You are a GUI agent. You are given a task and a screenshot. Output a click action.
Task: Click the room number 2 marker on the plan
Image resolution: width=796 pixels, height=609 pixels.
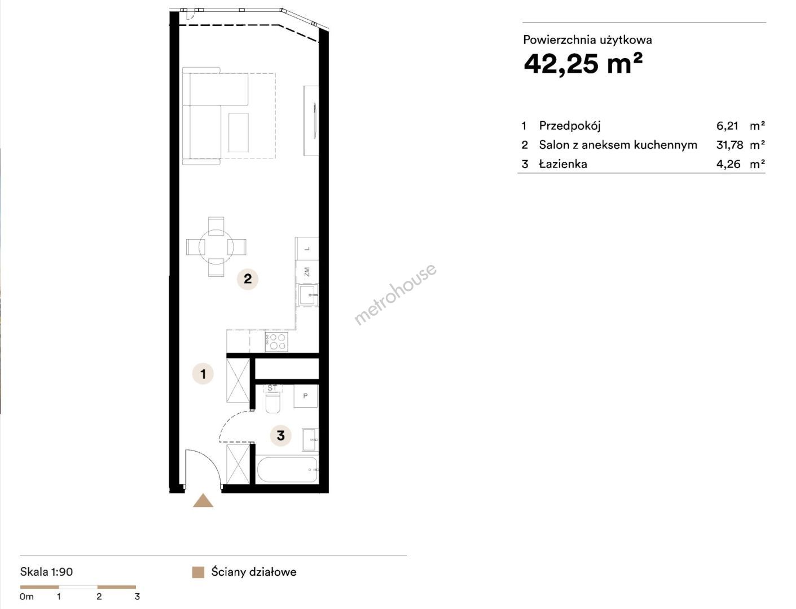coord(248,279)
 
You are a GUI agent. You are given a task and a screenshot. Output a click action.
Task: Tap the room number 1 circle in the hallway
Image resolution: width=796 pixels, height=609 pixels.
coord(203,374)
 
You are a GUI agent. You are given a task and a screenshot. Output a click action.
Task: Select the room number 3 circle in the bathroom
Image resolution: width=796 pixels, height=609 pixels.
coord(281,435)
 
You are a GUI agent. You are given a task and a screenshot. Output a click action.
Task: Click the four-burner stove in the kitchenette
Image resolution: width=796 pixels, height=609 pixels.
coord(276,341)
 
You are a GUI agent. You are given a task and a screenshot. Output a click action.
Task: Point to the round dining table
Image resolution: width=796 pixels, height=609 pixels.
coord(216,247)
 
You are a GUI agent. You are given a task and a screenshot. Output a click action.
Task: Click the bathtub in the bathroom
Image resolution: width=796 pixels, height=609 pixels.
coord(287,469)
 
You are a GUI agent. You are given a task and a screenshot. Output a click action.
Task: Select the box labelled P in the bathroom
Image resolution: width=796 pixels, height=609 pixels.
coord(306,396)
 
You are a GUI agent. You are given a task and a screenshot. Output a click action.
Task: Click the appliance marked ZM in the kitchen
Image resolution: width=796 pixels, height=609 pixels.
coord(307,272)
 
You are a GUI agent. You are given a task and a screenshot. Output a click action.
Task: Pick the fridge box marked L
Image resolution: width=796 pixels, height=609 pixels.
coord(307,249)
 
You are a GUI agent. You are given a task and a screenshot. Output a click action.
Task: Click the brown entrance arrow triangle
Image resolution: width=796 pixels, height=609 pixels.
coord(203,500)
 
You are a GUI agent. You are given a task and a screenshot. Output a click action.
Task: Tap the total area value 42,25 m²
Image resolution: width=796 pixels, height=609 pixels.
coord(583,64)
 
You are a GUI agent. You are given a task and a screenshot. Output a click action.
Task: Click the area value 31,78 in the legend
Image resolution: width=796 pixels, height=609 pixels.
coord(729,145)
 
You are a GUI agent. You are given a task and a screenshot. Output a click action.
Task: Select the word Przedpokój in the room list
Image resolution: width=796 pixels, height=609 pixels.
coord(570,126)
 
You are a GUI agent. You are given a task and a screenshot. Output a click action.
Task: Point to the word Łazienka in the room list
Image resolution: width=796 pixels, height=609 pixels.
coord(563,164)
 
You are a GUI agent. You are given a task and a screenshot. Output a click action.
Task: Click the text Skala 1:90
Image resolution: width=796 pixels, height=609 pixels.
coord(46,572)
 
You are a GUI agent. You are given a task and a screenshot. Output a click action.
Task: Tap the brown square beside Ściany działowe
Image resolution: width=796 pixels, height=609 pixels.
coord(198,572)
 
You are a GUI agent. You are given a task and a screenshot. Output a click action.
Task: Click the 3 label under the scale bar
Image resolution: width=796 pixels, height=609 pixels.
coord(137,597)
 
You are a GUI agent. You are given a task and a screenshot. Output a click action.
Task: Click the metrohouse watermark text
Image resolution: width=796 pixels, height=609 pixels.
coord(395,294)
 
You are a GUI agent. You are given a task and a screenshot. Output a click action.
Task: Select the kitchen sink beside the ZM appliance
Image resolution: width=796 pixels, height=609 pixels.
coord(308,295)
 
